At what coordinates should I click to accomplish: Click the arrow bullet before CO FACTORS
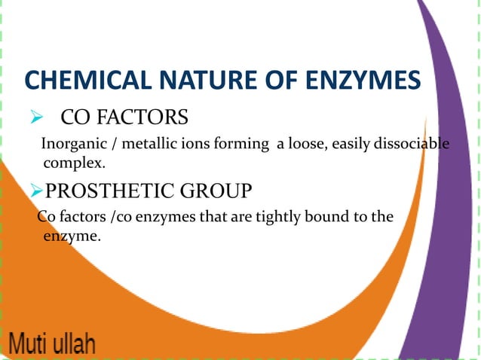34,118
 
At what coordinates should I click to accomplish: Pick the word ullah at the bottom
75,346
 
